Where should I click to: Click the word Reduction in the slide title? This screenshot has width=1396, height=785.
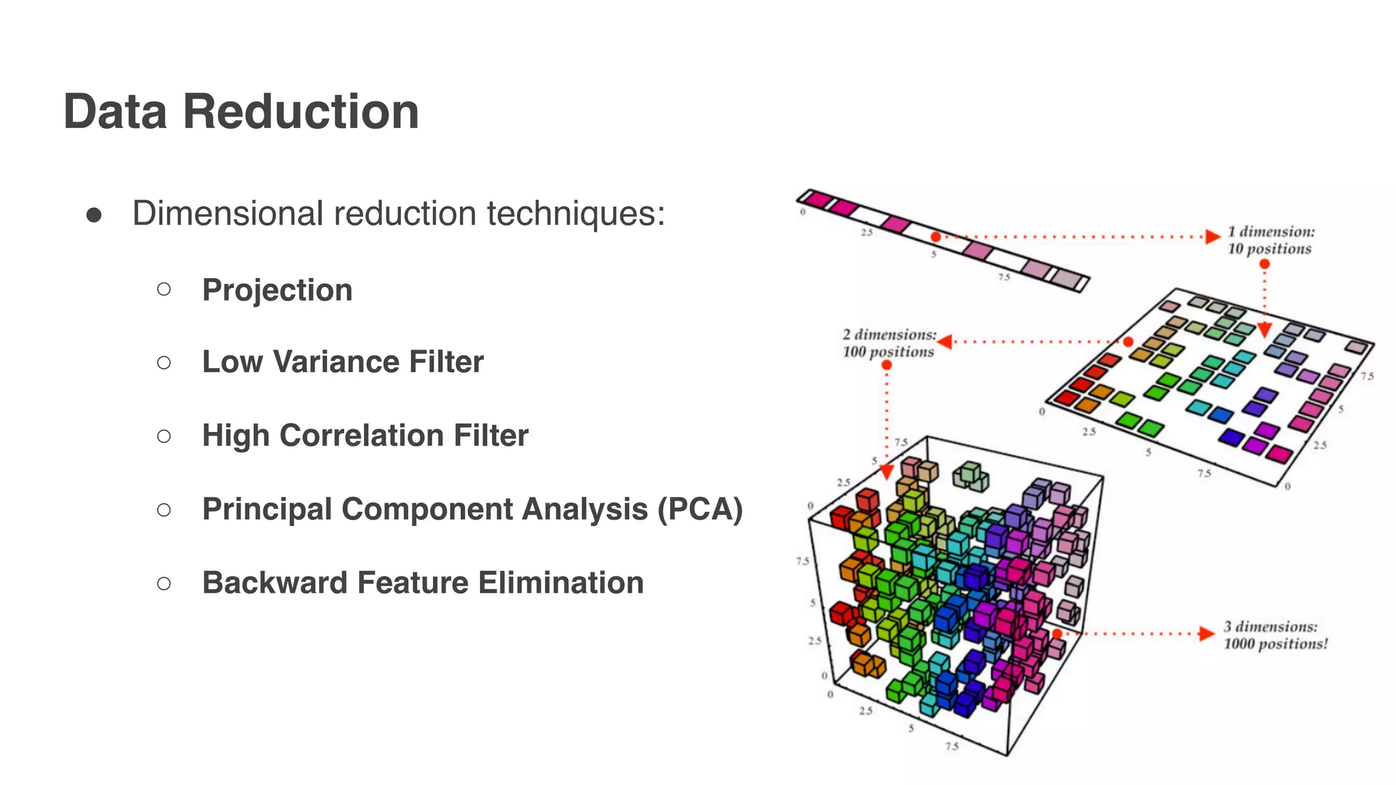coord(301,112)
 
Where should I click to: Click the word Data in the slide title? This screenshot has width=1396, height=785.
coord(115,112)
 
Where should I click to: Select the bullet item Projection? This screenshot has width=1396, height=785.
coord(277,290)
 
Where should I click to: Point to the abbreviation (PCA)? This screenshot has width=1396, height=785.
coord(699,509)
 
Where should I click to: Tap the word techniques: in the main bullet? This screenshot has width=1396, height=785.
coord(575,214)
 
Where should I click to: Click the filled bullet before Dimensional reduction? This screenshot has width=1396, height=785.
coord(94,215)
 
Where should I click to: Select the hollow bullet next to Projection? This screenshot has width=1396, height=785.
coord(164,290)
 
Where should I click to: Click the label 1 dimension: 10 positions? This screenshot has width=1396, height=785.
coord(1270,241)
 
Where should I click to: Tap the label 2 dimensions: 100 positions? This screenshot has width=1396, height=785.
coord(888,343)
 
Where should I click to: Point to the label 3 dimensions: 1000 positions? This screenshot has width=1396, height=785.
coord(1275,635)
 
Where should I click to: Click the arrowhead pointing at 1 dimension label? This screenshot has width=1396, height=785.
coord(1212,236)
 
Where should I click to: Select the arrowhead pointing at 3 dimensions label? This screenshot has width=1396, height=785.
coord(1206,634)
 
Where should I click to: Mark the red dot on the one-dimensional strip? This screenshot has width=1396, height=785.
coord(936,236)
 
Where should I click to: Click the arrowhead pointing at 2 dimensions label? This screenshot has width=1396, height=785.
coord(945,341)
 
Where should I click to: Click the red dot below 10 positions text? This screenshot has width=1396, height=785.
coord(1264,264)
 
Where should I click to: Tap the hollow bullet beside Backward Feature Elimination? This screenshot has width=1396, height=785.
coord(164,583)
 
